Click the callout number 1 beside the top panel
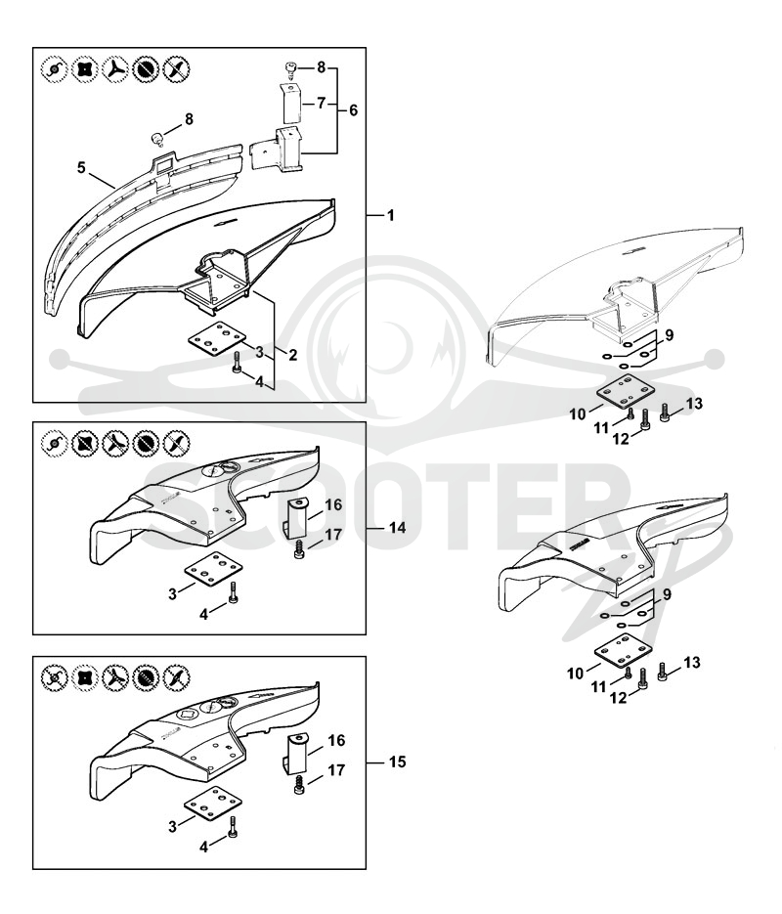pos(390,216)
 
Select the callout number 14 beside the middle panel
pos(397,528)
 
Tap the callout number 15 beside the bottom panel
pos(397,762)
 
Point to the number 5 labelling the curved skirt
pos(81,168)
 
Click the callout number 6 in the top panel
pos(353,110)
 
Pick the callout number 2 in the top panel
pos(292,355)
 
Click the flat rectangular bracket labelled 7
pos(291,103)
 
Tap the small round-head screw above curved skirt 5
pos(158,139)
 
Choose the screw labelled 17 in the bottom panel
pos(300,785)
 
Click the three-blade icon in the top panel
pos(114,69)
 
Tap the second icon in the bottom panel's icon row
pos(85,677)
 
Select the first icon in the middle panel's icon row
pos(54,444)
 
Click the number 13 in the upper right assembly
pos(694,404)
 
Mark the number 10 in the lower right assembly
pos(576,674)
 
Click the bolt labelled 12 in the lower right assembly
pos(643,677)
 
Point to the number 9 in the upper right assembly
pos(669,335)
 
